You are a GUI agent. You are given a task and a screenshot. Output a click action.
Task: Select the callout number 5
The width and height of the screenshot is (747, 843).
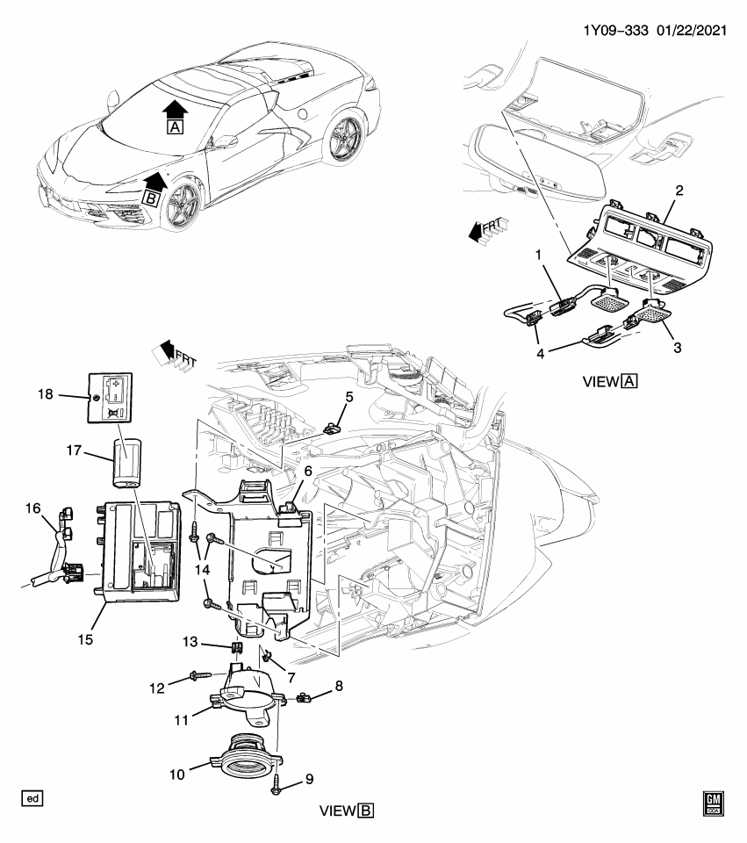click(348, 397)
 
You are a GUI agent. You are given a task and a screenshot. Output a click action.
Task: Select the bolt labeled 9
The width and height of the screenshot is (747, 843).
click(277, 782)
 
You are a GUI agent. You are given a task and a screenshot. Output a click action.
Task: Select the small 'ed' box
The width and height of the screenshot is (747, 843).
click(32, 798)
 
